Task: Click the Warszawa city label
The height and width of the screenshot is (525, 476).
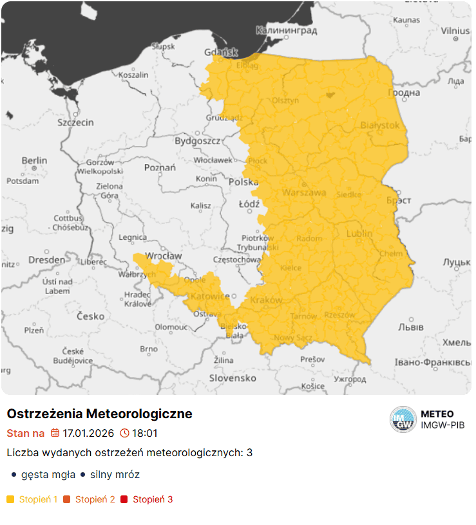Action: click(x=304, y=192)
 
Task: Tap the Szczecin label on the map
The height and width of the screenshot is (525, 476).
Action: click(x=75, y=122)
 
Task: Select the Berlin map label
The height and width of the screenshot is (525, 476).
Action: click(x=34, y=160)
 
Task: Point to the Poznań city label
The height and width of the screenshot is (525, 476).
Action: click(x=160, y=167)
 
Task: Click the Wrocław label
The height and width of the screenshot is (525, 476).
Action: click(x=164, y=255)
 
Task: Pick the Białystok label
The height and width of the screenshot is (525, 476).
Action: click(x=380, y=125)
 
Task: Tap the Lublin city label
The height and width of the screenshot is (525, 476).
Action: click(x=359, y=234)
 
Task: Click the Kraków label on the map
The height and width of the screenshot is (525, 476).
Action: click(x=266, y=300)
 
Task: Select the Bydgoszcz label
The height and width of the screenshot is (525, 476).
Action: click(x=197, y=140)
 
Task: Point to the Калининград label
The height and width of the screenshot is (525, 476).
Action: click(x=286, y=30)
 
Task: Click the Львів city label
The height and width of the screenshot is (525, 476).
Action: click(x=410, y=327)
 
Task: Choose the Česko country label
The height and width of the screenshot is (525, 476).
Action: click(x=90, y=316)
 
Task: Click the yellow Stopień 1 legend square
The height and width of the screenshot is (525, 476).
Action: click(x=10, y=499)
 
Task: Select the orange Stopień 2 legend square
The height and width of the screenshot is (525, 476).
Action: click(x=67, y=499)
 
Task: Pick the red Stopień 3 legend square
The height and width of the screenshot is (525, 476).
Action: click(x=124, y=499)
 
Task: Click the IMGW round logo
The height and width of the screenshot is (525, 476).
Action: click(x=403, y=419)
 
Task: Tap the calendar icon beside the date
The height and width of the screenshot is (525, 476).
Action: click(x=55, y=433)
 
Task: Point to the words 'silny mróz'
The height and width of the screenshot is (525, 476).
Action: click(x=114, y=475)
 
